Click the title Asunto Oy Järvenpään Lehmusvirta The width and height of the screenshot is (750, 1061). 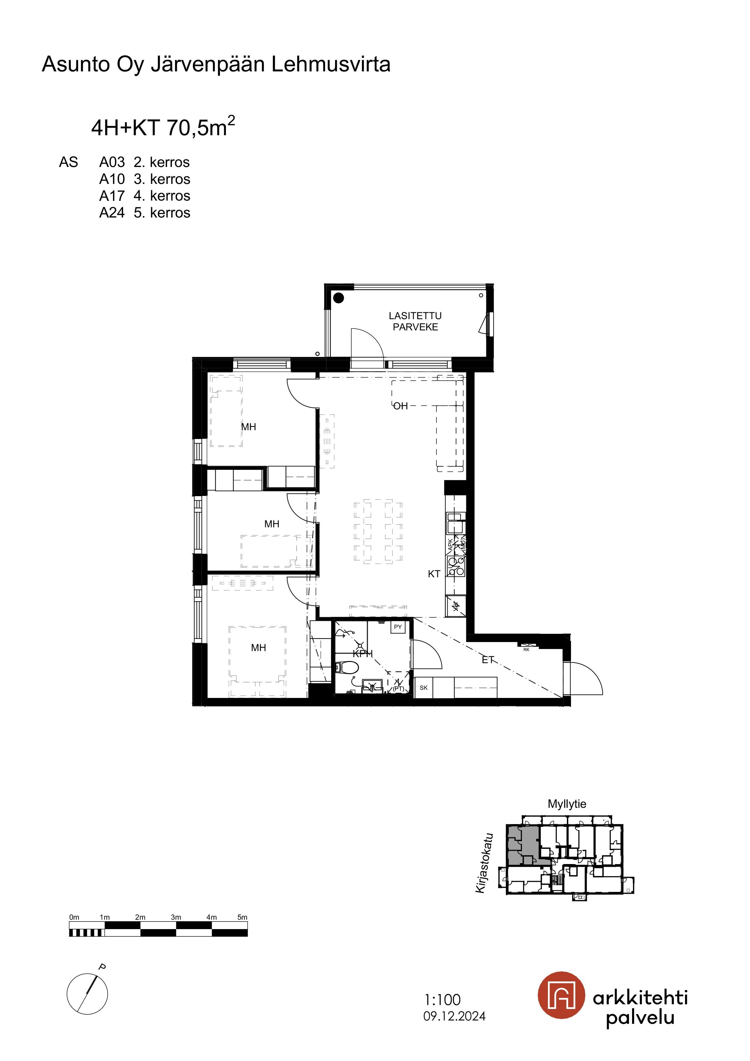[216, 64]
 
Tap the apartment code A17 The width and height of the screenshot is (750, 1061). [112, 196]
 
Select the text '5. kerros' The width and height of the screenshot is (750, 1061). [162, 213]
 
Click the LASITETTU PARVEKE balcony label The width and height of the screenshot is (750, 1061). [415, 321]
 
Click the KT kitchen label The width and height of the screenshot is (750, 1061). [434, 574]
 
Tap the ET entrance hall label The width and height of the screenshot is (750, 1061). [488, 660]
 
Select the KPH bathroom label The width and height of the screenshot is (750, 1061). [363, 654]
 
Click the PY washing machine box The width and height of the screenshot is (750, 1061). [398, 627]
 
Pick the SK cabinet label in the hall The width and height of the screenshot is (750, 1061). [423, 688]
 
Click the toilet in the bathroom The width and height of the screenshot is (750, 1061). [346, 667]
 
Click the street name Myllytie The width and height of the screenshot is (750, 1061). [567, 804]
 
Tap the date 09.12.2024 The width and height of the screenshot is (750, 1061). [455, 1016]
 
